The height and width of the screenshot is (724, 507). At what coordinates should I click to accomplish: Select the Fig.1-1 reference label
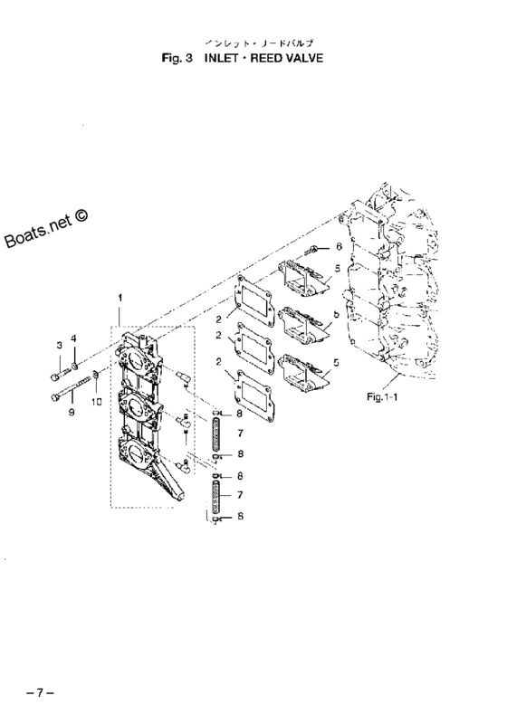tap(385, 395)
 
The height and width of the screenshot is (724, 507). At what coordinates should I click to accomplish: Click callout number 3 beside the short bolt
tap(59, 346)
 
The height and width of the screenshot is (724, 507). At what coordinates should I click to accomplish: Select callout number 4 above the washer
tap(74, 338)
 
